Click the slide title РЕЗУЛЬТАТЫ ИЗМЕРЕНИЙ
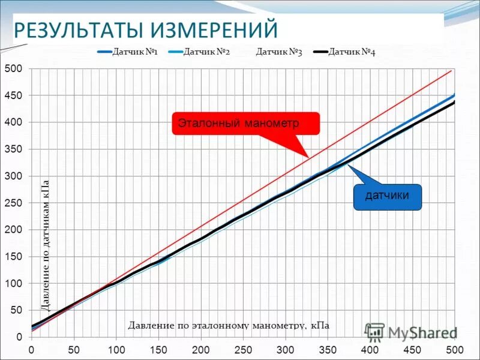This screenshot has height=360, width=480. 146,29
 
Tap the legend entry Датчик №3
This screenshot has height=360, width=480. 278,52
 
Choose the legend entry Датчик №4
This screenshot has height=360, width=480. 352,52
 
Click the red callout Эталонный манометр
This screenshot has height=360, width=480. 246,124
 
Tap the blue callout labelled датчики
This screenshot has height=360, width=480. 388,196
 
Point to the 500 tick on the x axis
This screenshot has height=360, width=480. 455,349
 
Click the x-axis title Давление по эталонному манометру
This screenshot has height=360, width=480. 229,325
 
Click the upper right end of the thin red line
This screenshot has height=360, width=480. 451,71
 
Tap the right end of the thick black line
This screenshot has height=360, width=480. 454,102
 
